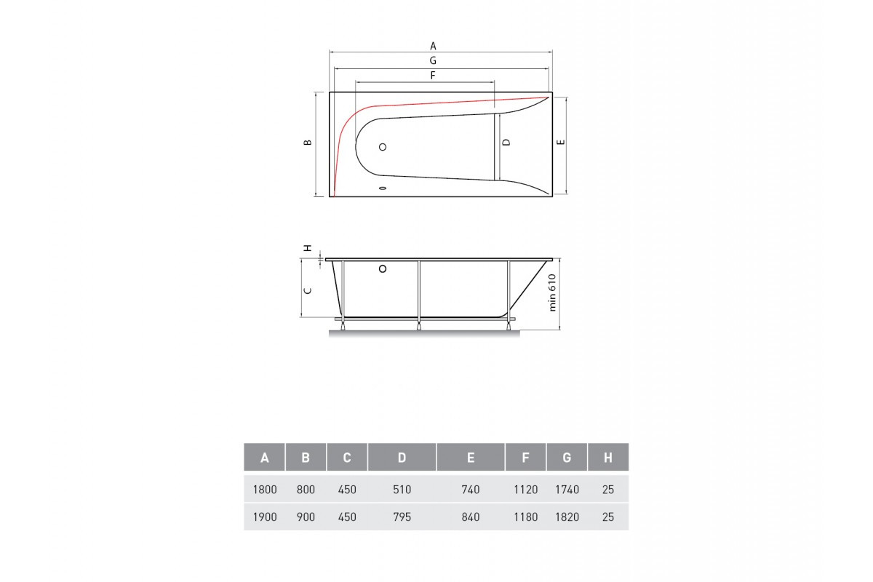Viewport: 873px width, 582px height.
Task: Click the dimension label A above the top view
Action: click(x=433, y=46)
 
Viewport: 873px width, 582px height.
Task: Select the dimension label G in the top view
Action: click(x=433, y=60)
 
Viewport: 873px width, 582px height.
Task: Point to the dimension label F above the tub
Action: click(x=433, y=75)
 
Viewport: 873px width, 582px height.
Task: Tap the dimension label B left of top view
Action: click(x=308, y=143)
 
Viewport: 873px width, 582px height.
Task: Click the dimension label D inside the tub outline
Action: click(x=506, y=143)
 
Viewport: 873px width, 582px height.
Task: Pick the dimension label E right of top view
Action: click(x=561, y=143)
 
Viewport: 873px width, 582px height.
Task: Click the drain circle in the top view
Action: click(x=383, y=147)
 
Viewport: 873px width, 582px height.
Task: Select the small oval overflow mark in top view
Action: click(x=383, y=188)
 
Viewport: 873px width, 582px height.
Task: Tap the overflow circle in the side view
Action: click(x=383, y=269)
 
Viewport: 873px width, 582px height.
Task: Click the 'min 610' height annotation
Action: click(x=552, y=292)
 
